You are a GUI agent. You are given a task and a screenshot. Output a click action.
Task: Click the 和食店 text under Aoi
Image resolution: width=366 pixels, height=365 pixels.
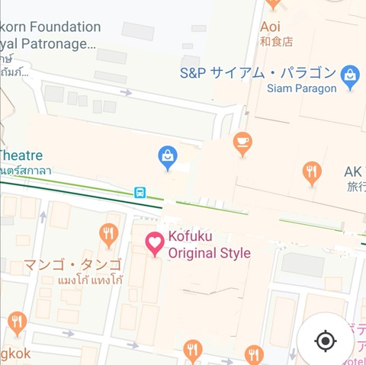click(276, 41)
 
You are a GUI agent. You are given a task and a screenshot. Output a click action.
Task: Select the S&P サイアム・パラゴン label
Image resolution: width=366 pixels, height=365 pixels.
click(258, 73)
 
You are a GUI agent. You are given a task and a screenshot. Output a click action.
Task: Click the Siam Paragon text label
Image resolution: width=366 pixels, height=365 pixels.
click(301, 88)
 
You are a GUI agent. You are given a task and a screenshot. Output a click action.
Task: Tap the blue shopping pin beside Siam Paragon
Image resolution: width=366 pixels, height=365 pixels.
click(350, 77)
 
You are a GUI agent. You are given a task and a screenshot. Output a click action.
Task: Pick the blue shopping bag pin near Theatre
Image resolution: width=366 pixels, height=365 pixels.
click(168, 158)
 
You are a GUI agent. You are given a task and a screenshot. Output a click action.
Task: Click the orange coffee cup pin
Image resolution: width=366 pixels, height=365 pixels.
click(242, 143)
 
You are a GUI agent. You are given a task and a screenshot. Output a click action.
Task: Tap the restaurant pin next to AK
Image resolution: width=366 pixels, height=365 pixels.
click(311, 172)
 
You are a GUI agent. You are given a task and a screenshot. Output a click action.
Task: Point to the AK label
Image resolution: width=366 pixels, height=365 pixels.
click(353, 171)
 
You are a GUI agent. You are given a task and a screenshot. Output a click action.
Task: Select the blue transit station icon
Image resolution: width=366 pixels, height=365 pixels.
click(140, 192)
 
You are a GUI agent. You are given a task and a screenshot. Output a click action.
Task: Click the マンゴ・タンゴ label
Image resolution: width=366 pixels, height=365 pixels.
click(72, 265)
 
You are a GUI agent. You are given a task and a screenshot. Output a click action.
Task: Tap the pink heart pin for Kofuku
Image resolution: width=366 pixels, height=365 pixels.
click(155, 244)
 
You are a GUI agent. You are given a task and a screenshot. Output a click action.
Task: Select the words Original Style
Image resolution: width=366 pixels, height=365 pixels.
click(209, 253)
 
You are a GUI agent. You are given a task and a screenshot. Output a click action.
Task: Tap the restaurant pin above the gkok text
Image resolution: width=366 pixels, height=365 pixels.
click(17, 322)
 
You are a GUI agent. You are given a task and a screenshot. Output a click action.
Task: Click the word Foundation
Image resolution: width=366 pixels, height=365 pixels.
click(64, 27)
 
